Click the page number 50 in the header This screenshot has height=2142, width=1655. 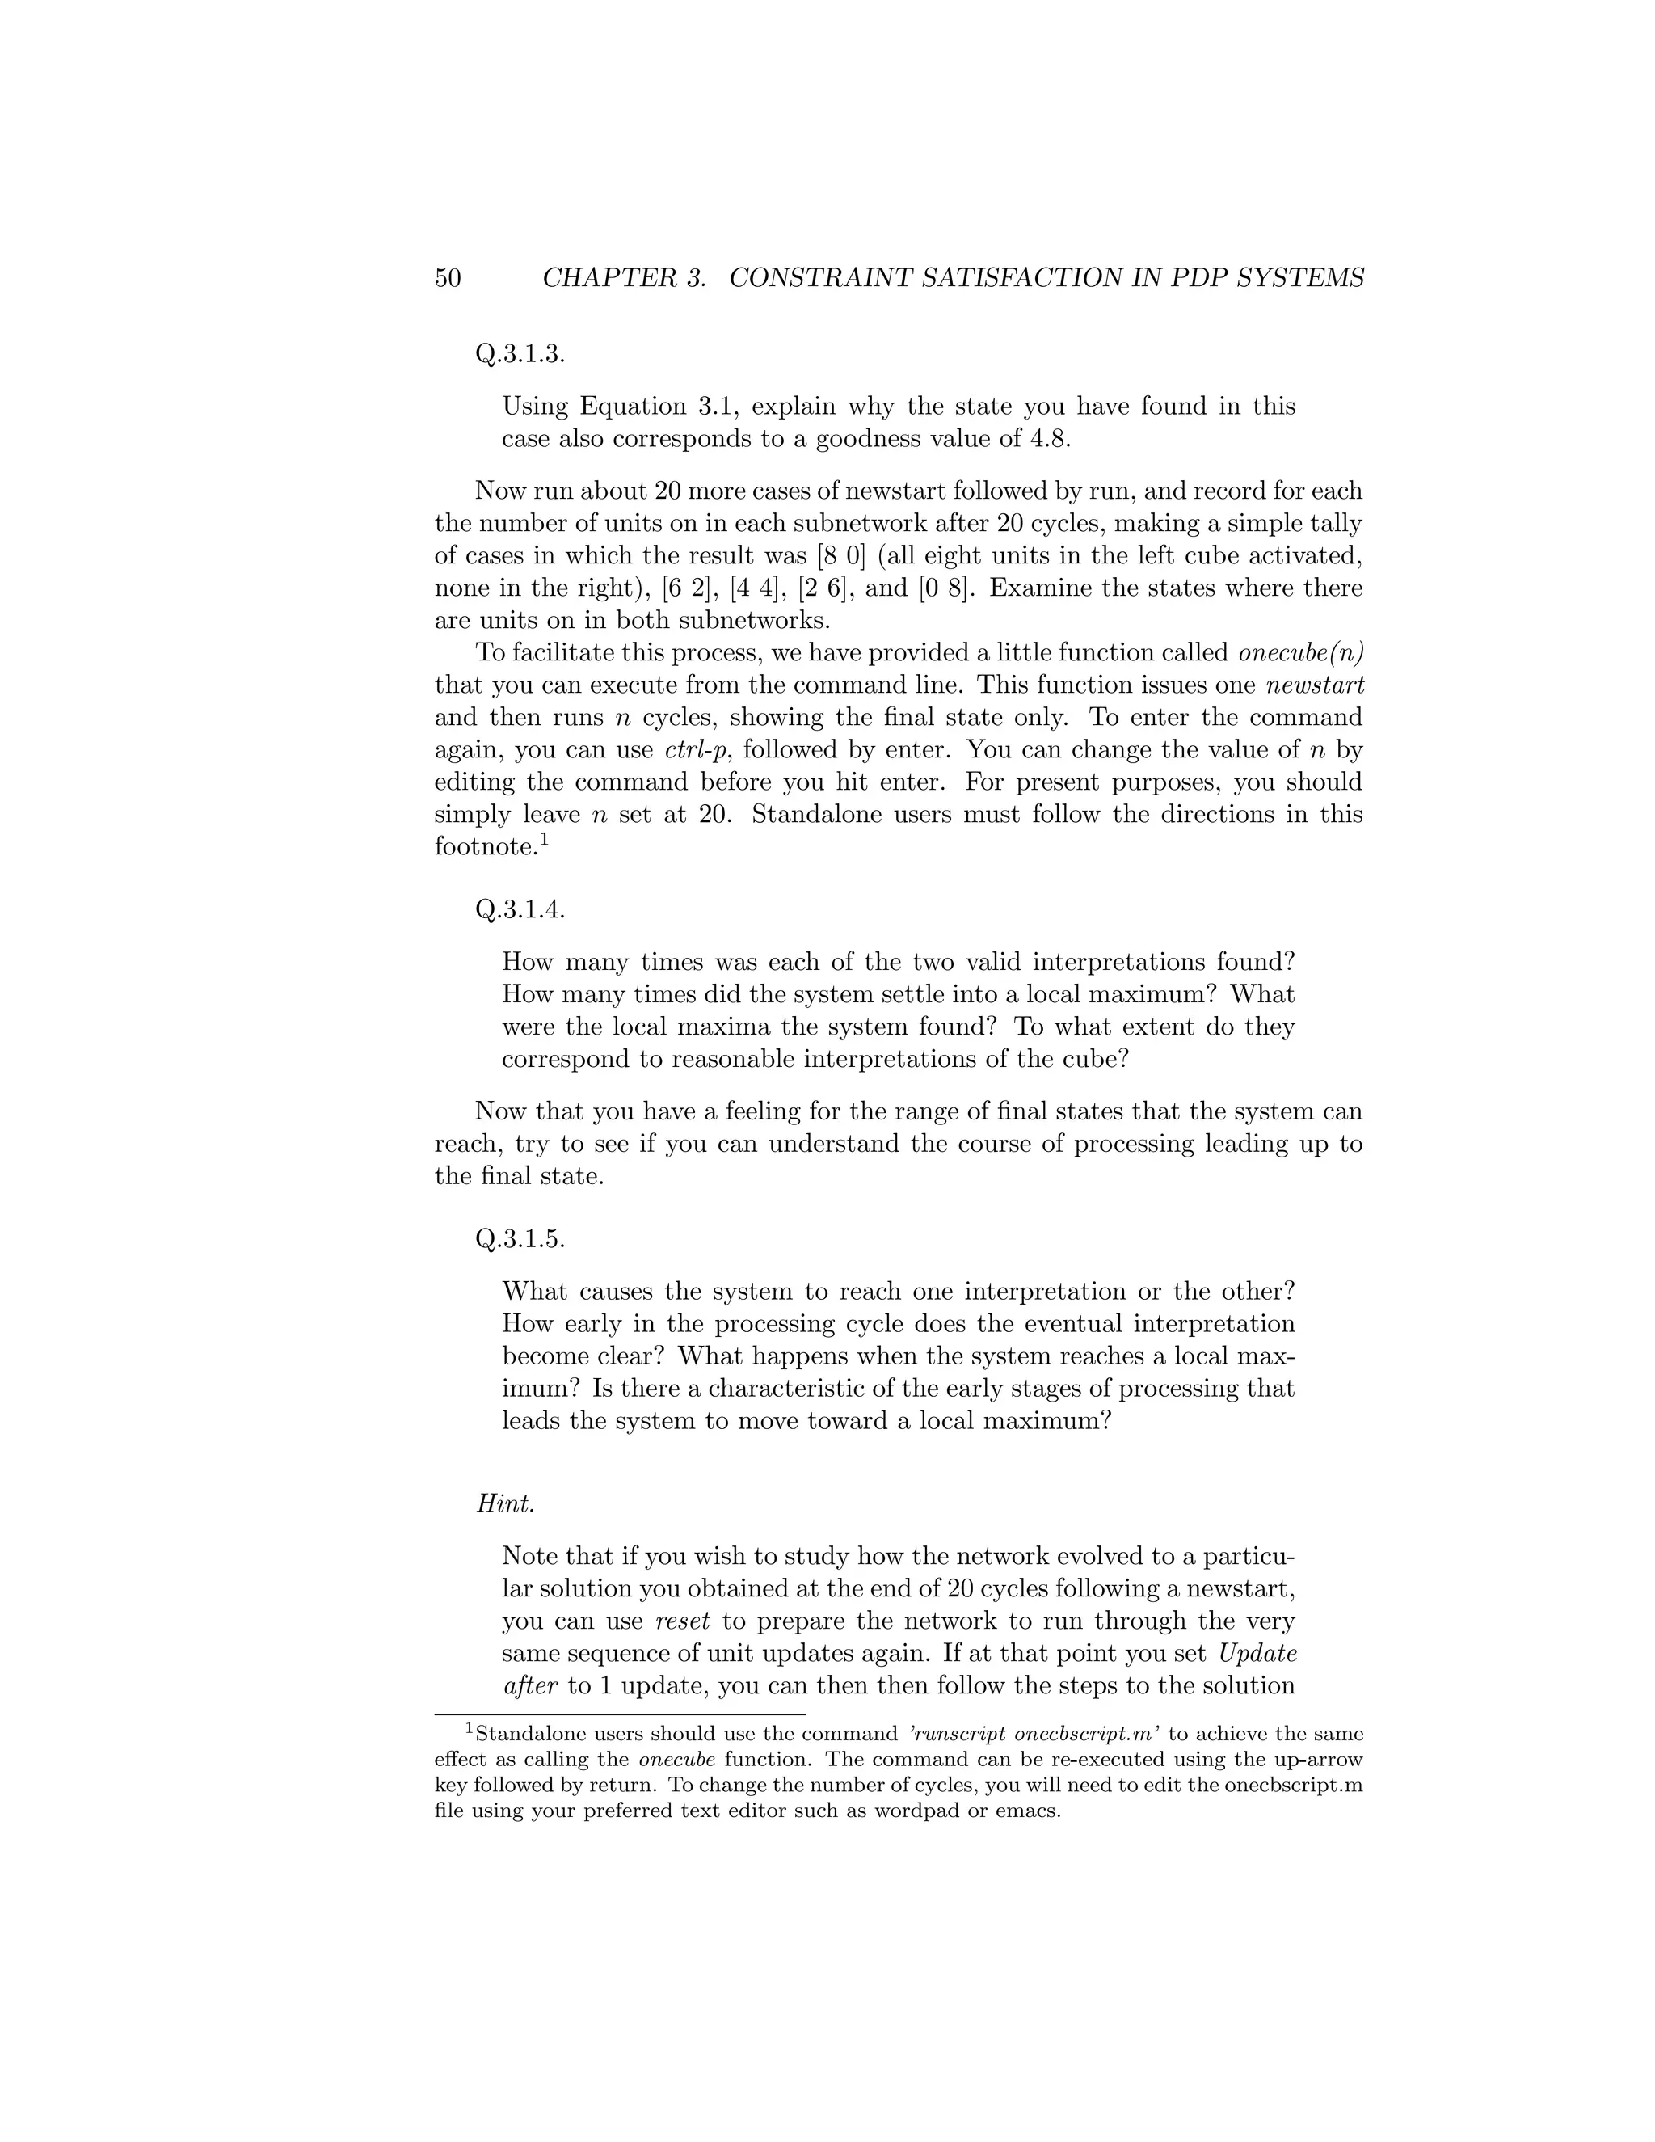coord(447,279)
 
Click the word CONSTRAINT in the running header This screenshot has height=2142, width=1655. coord(821,279)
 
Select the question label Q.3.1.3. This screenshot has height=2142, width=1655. coord(520,355)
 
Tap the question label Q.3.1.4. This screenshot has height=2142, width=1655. coord(520,910)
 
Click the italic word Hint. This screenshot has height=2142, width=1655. coord(506,1503)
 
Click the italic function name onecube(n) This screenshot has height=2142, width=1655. coord(1301,652)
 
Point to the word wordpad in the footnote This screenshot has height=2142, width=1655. coord(923,1811)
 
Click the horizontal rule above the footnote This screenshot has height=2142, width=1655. coord(620,1714)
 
